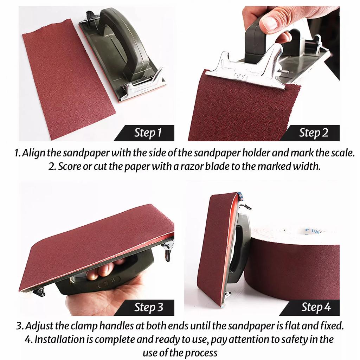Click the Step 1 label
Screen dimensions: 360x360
click(148, 133)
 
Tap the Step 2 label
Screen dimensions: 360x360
click(313, 133)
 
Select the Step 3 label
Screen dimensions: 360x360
click(149, 307)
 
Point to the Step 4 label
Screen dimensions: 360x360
click(316, 307)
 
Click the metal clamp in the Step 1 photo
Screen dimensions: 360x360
click(142, 85)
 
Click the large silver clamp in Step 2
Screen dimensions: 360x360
click(248, 69)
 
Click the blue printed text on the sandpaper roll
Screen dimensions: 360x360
click(313, 230)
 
